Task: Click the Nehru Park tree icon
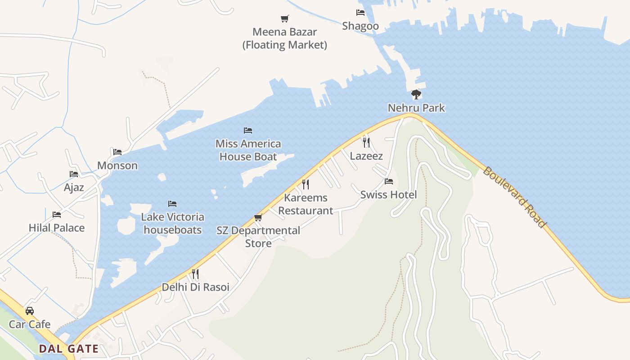(416, 94)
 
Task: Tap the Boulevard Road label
(515, 197)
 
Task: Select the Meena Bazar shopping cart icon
(284, 18)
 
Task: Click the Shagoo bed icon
(360, 13)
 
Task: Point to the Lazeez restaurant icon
(366, 143)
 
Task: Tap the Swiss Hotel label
(388, 195)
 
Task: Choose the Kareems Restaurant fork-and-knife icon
(306, 184)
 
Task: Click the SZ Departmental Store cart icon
(258, 218)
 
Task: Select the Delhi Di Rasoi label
(196, 287)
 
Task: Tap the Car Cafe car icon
(30, 311)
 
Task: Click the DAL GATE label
(68, 349)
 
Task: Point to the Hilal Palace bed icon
(57, 215)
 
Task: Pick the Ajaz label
(74, 187)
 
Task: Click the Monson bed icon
(117, 152)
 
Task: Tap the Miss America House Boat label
(248, 150)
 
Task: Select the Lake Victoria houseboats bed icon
(172, 204)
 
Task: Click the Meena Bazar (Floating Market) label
(284, 39)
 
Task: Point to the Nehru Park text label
(416, 108)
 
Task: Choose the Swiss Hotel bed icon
(389, 181)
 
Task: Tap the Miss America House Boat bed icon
(248, 130)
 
